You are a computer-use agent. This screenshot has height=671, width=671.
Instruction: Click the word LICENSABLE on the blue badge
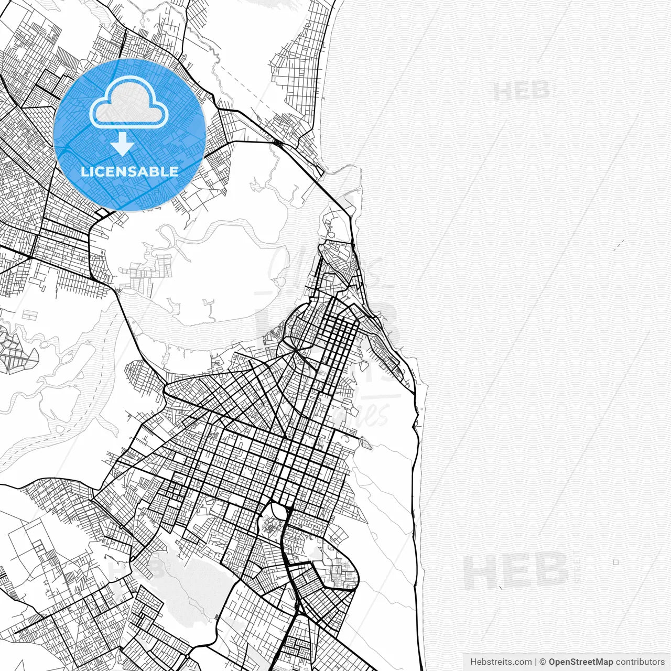click(x=129, y=171)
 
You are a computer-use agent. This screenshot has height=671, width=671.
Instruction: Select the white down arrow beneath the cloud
click(x=123, y=144)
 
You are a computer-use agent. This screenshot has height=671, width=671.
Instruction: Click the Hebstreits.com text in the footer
click(x=501, y=662)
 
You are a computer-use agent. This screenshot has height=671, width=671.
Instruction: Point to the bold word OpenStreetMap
click(x=581, y=662)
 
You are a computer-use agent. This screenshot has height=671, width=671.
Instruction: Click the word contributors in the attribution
click(x=640, y=662)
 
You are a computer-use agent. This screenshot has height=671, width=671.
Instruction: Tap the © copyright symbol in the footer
click(x=543, y=662)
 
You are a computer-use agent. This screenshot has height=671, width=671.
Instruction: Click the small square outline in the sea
click(x=615, y=562)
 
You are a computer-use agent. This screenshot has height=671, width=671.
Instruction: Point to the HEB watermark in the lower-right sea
click(x=516, y=571)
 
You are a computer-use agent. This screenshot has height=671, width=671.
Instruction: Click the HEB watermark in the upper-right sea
click(x=522, y=92)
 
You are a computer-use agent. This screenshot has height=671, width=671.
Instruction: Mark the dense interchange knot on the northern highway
click(x=277, y=142)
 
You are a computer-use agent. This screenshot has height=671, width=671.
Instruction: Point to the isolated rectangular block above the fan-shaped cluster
click(x=30, y=315)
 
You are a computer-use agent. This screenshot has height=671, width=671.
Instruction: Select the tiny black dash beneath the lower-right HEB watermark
click(x=501, y=586)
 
